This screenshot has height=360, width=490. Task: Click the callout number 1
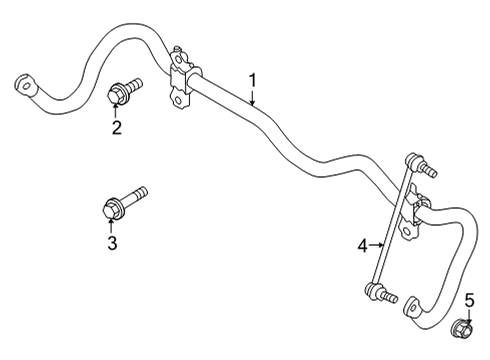[x=253, y=80]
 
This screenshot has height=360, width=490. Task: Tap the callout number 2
[x=116, y=127]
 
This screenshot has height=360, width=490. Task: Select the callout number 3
[x=111, y=243]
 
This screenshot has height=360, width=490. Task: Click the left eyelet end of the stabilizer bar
[x=24, y=83]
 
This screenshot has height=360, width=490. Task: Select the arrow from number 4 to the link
[x=378, y=243]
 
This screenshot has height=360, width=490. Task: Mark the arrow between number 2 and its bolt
[x=116, y=110]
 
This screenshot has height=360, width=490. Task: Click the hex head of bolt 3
[x=110, y=209]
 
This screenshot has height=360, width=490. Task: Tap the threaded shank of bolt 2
[x=134, y=85]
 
